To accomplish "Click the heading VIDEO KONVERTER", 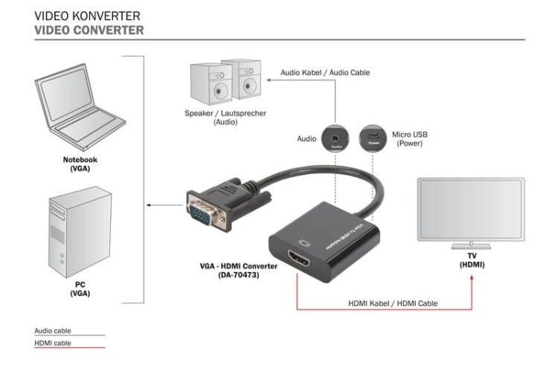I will (x=87, y=15).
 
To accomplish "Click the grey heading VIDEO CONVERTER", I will (x=89, y=30).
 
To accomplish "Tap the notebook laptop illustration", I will (x=79, y=112).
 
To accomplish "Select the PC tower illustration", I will (x=79, y=231).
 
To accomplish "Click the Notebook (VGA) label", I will (x=79, y=164).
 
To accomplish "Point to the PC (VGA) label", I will (x=80, y=288).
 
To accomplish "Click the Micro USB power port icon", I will (x=373, y=138).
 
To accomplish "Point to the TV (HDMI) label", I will (x=470, y=260).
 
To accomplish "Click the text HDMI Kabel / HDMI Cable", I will (x=392, y=303).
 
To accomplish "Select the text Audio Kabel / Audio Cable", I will (x=324, y=73).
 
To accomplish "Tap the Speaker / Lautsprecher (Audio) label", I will (x=215, y=117).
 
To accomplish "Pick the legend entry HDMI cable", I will (x=53, y=343).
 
